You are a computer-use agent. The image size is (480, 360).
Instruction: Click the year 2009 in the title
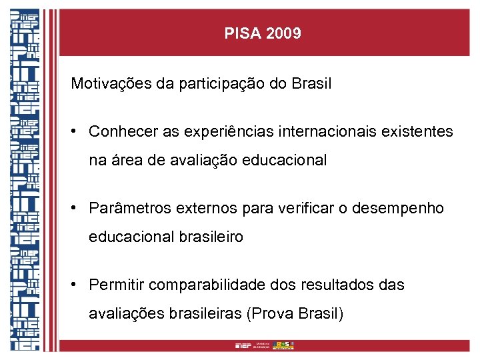tap(283, 33)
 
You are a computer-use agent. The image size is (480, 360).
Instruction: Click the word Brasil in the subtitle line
tap(311, 84)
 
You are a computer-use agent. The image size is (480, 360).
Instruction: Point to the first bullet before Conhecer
tap(77, 131)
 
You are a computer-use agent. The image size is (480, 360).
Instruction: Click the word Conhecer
tap(123, 132)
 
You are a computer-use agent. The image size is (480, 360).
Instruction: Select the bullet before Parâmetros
tap(77, 207)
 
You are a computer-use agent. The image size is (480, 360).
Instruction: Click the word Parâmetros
tap(129, 209)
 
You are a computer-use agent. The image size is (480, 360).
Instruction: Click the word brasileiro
tap(211, 237)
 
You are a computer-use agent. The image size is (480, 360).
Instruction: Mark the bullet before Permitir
tap(77, 284)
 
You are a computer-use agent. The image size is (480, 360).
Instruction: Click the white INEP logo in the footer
tap(242, 345)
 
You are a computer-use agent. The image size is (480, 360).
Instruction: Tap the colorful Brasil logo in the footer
tap(283, 345)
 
